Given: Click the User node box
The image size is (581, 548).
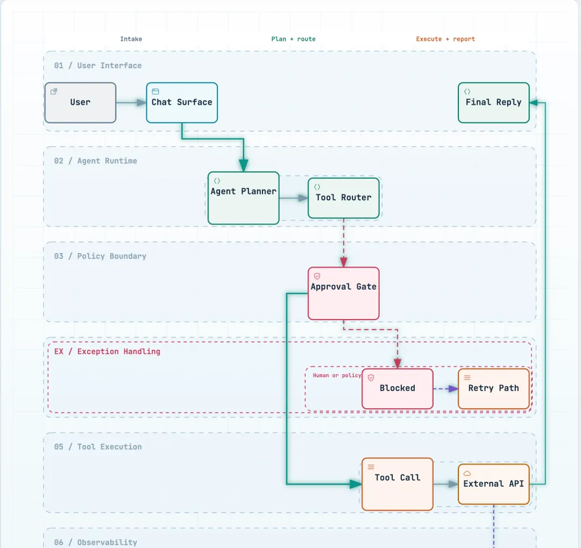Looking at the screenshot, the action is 80,103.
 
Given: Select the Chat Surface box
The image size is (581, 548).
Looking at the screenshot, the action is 182,103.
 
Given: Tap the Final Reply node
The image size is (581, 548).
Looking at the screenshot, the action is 493,103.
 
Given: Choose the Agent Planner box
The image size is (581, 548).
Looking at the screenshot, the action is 244,198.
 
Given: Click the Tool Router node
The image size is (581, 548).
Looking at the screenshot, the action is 343,198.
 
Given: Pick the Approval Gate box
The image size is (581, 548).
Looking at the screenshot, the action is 343,293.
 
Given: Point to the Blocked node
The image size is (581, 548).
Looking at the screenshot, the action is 397,388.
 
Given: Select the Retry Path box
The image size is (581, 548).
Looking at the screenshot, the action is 493,388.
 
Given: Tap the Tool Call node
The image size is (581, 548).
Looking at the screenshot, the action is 397,484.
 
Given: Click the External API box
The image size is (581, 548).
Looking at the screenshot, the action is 493,484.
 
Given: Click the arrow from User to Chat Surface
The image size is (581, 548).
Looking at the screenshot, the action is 131,103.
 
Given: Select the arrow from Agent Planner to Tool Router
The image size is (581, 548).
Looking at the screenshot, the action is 294,198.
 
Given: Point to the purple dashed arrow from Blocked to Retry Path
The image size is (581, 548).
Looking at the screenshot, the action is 445,388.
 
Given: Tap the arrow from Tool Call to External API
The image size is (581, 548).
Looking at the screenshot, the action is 445,484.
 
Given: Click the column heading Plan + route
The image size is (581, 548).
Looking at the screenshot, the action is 294,39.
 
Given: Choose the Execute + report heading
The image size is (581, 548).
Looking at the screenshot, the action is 445,39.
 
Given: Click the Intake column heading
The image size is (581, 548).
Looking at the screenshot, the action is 131,39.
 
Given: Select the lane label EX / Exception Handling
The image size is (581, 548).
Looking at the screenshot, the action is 107,351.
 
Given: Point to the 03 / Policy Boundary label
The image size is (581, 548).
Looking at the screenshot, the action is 100,256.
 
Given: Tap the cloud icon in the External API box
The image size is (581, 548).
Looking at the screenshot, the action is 467,473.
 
